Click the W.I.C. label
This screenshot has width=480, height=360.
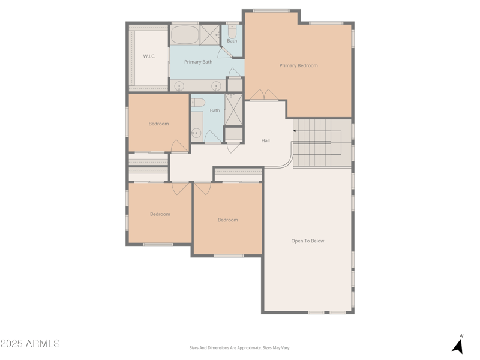(x=149, y=56)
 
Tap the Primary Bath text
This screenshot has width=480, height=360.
(x=198, y=62)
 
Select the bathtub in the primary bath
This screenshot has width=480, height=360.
(x=184, y=35)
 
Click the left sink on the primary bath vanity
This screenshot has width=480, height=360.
(x=179, y=86)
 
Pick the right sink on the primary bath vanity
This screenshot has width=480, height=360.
(x=216, y=86)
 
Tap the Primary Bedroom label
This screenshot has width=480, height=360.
(x=298, y=65)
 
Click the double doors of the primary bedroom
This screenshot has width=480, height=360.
(x=264, y=95)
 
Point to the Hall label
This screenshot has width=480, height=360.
(x=265, y=140)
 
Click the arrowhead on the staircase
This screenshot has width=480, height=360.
(x=295, y=130)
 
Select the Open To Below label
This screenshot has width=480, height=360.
(x=307, y=241)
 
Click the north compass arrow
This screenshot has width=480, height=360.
(x=458, y=346)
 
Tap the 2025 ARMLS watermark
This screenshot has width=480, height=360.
(x=30, y=344)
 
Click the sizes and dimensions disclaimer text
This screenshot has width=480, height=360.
(x=239, y=348)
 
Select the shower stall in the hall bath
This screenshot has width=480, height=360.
(x=233, y=109)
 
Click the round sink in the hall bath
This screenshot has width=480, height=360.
(x=196, y=133)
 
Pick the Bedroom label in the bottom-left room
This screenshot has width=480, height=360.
(x=160, y=214)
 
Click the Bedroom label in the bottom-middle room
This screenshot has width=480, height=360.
(x=227, y=220)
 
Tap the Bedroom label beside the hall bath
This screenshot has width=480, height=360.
(x=158, y=124)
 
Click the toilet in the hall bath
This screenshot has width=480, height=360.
(x=199, y=103)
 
